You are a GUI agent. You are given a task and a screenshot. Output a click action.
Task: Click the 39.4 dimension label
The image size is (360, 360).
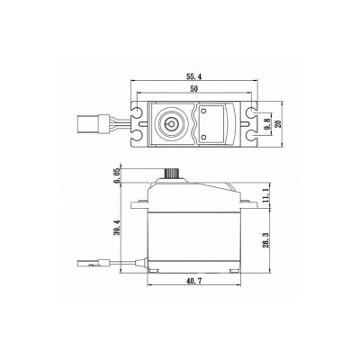click(112, 232)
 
